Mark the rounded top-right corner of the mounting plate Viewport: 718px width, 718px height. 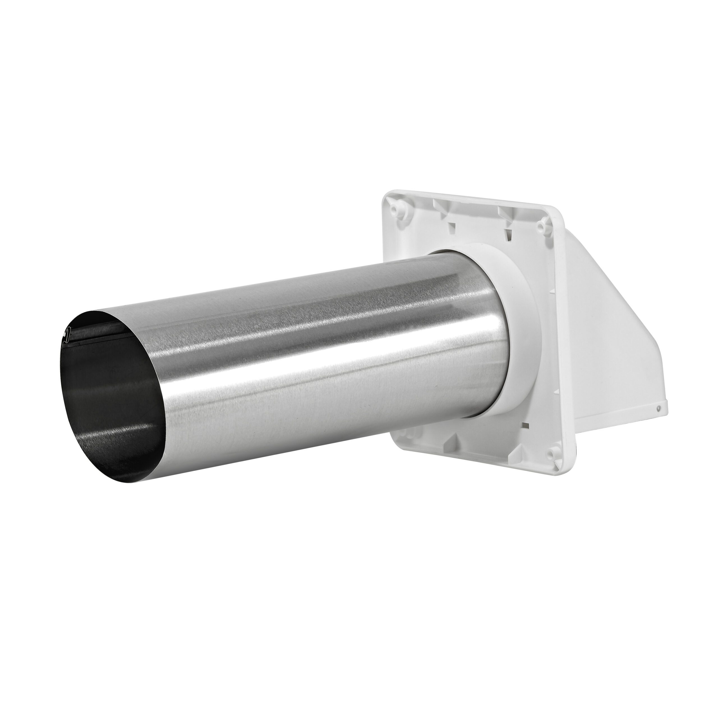pos(558,219)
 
